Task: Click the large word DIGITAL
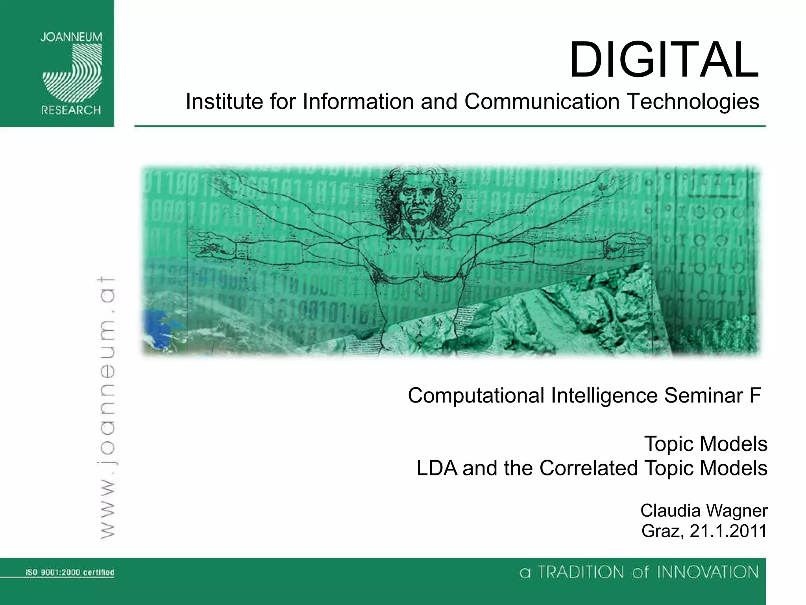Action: coord(664,60)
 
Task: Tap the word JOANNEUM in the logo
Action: coord(71,37)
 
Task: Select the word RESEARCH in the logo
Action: coord(71,110)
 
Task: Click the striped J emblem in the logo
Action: coord(72,73)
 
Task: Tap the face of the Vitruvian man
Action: coord(414,205)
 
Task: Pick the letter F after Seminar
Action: coord(755,395)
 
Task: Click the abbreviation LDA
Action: coord(437,468)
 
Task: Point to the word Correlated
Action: coord(589,468)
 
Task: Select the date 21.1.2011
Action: coord(728,531)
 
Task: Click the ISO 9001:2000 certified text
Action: coord(70,572)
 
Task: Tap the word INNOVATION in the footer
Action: coord(708,572)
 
